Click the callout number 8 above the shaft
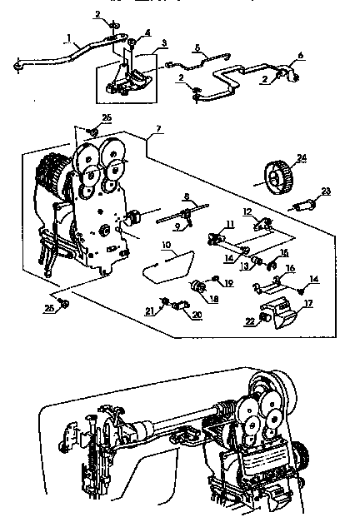coord(187,197)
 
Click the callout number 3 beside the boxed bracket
coord(163,42)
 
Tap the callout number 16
coord(290,268)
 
